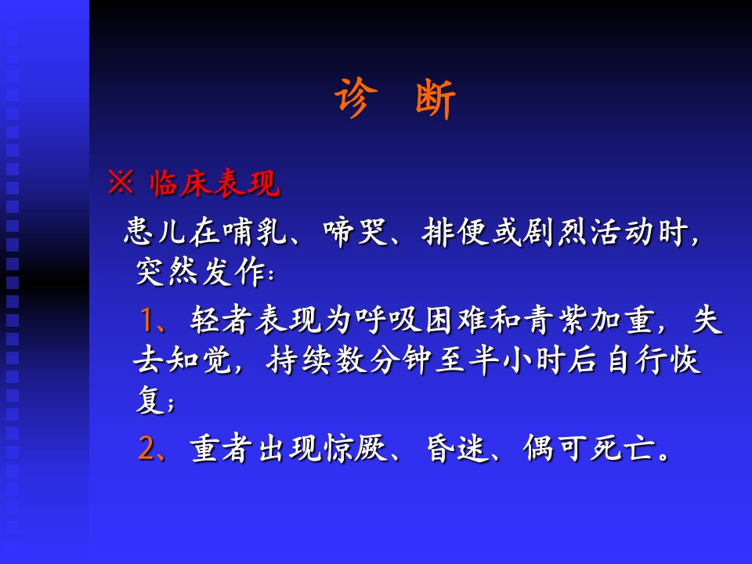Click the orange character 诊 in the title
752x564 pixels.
(356, 98)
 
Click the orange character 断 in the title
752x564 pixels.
(435, 99)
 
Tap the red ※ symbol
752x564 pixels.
(121, 182)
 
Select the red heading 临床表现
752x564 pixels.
(215, 183)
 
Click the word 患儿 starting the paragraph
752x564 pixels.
(155, 232)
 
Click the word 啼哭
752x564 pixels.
(356, 233)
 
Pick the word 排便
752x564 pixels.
(454, 233)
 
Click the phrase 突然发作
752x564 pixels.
(201, 272)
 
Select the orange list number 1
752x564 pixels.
(146, 320)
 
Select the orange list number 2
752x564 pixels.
(146, 448)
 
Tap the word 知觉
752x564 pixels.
(200, 360)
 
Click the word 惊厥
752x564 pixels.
(356, 448)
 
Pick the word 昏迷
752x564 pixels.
(458, 448)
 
